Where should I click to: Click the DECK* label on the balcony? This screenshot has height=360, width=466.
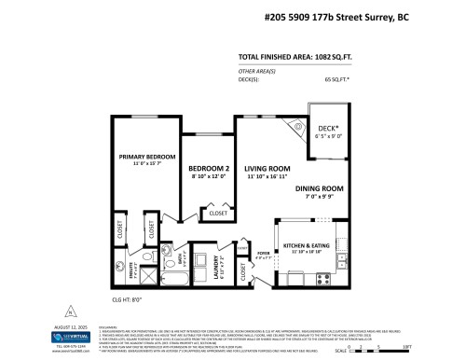(x=328, y=129)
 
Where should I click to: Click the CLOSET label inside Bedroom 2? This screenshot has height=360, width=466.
(x=217, y=214)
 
